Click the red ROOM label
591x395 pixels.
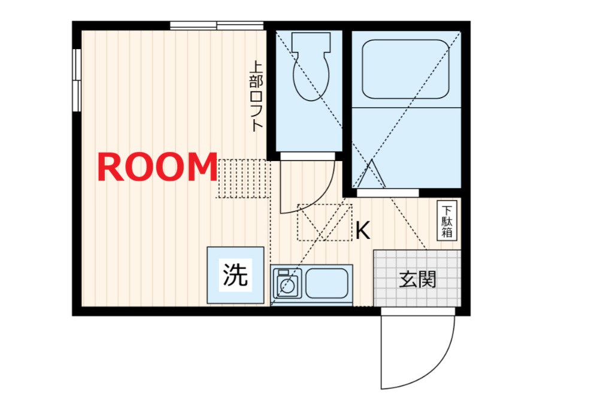coord(157,168)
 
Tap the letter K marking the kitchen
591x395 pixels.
coord(362,230)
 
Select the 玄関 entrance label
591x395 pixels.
coord(417,279)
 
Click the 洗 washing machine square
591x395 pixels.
coord(235,275)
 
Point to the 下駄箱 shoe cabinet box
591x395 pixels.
coord(447,221)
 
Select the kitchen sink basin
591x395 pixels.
coord(327,283)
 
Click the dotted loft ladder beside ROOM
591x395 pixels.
coord(243,178)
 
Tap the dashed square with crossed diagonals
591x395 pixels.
coord(324,223)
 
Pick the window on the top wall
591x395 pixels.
coord(216,25)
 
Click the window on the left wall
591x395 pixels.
coord(77,80)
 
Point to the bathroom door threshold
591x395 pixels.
coord(386,193)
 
